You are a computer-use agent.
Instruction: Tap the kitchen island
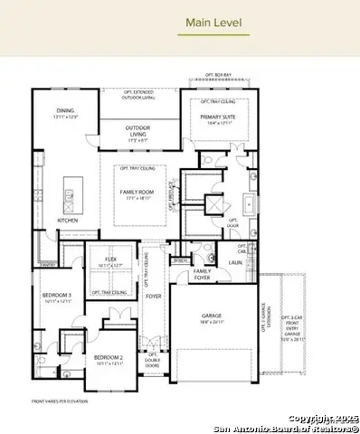pyautogui.click(x=68, y=193)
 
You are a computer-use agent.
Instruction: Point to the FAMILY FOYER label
pyautogui.click(x=203, y=273)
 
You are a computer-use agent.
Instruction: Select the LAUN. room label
pyautogui.click(x=235, y=262)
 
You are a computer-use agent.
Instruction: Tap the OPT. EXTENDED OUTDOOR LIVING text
pyautogui.click(x=137, y=94)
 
